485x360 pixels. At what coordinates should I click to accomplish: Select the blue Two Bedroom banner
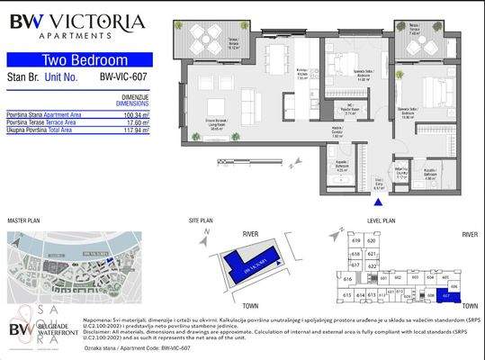[79, 60]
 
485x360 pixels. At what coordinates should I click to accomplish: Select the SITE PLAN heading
[201, 220]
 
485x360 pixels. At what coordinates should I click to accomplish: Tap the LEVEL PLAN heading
[382, 220]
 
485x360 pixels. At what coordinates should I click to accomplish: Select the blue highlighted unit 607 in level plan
[446, 294]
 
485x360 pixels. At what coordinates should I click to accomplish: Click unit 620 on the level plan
[371, 240]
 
